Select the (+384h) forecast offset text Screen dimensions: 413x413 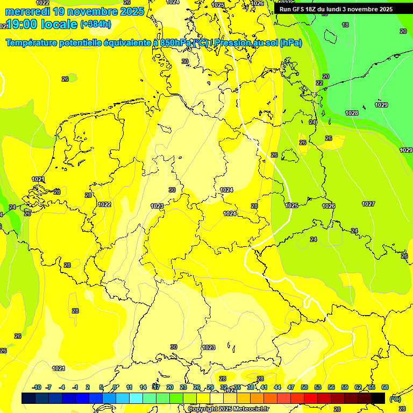[x=96, y=24]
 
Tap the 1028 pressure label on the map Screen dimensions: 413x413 [x=352, y=113]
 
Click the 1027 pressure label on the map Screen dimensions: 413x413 [x=368, y=204]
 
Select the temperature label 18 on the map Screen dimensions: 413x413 [x=345, y=25]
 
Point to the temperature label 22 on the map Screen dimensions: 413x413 [x=319, y=83]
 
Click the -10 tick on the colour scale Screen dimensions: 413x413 [x=37, y=387]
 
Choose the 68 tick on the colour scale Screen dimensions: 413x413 [x=385, y=387]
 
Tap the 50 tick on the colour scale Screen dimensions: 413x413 [x=304, y=387]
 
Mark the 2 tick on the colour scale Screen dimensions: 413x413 [x=88, y=387]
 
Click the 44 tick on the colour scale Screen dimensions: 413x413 [x=277, y=387]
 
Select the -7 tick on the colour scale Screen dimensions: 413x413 [x=48, y=387]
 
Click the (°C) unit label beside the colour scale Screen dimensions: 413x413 [x=395, y=398]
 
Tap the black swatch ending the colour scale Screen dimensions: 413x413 [x=378, y=398]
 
